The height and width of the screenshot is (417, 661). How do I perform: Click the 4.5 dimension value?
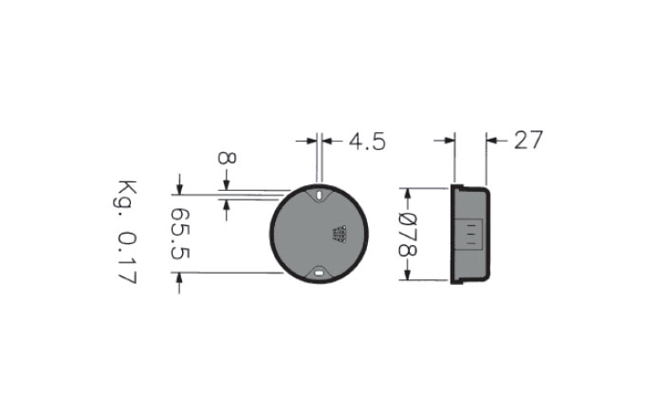(x=367, y=142)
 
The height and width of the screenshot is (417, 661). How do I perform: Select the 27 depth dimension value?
(x=528, y=140)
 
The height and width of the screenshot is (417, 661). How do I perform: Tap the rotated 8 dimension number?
(x=228, y=158)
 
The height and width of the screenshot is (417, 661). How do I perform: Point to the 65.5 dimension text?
(x=180, y=234)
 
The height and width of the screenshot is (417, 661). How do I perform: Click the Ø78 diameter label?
(x=408, y=235)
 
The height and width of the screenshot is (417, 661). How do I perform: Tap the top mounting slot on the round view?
(x=319, y=196)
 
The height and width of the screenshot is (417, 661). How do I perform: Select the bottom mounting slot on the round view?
(x=319, y=274)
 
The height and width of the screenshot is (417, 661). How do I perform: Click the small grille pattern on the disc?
(x=340, y=235)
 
